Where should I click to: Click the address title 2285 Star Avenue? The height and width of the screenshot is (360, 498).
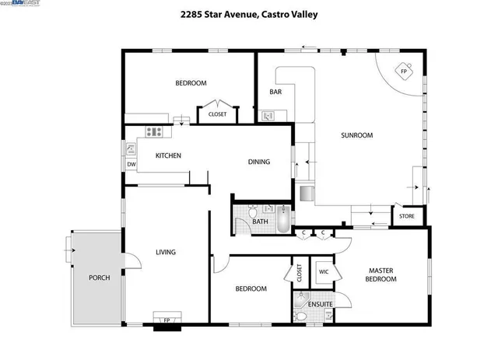click(248, 14)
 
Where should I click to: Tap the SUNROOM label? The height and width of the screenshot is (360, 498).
click(357, 135)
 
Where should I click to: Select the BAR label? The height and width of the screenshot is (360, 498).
click(275, 92)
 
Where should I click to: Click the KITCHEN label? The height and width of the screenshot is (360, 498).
click(168, 156)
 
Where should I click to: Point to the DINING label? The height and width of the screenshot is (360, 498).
click(258, 162)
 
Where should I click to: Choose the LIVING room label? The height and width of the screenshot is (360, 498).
click(166, 252)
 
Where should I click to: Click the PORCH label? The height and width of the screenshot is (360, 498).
click(99, 278)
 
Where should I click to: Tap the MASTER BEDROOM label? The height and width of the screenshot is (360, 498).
click(381, 275)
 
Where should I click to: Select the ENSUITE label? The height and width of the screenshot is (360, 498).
click(320, 303)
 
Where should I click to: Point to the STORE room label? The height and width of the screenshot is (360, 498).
click(406, 216)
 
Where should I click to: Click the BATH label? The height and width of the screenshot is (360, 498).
click(261, 222)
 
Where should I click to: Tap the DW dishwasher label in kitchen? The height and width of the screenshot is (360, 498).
click(131, 164)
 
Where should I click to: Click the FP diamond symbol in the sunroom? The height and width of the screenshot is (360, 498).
click(403, 72)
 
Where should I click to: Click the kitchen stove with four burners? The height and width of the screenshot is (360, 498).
click(155, 132)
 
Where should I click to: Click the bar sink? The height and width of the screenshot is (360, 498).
click(268, 116)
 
